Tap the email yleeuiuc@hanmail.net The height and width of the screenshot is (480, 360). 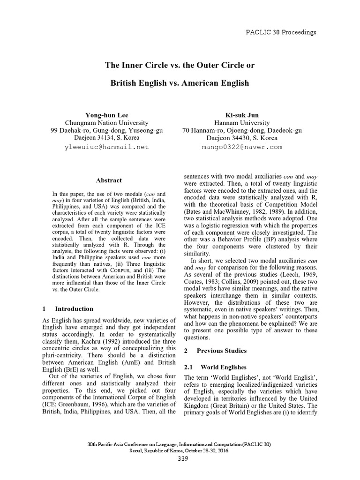click(x=106, y=147)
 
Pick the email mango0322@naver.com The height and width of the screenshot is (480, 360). click(x=242, y=147)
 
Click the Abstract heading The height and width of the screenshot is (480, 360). click(x=109, y=180)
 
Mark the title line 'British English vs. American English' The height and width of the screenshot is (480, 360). click(x=180, y=83)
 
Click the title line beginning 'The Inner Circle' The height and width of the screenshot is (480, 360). click(x=180, y=65)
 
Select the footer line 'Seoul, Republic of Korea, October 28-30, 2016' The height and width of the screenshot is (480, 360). click(x=180, y=450)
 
